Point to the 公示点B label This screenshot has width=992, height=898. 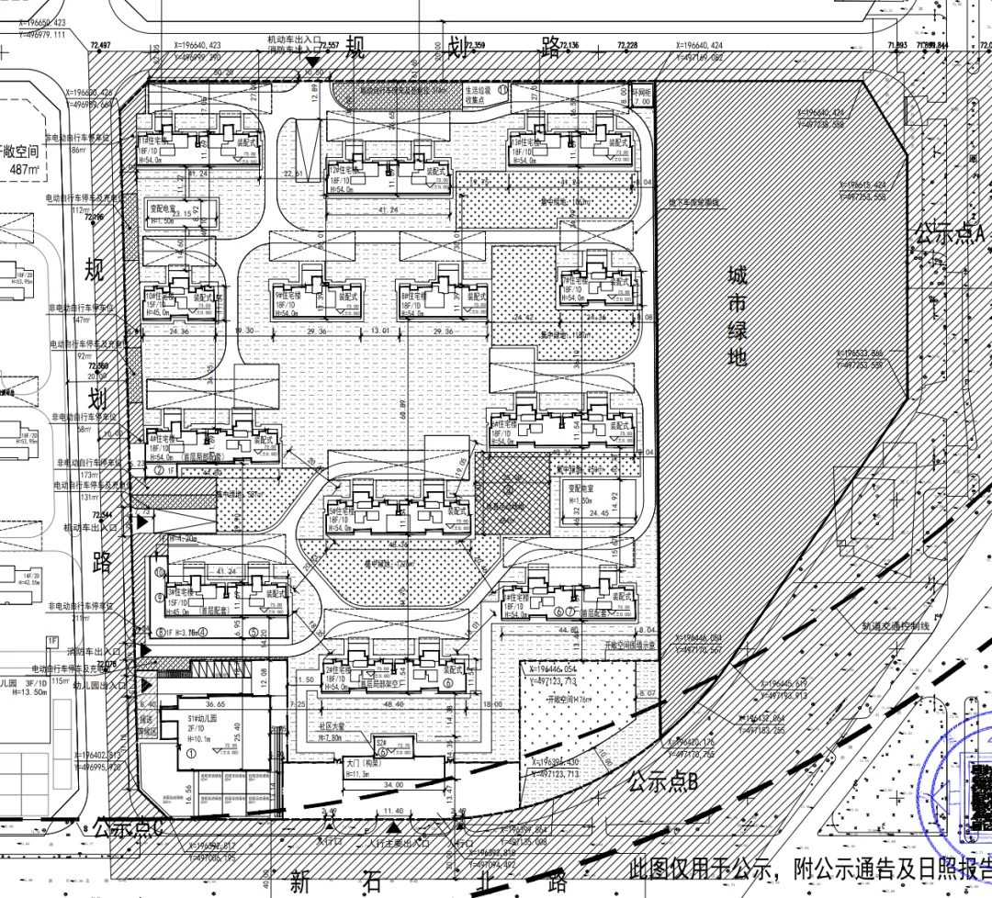(x=663, y=782)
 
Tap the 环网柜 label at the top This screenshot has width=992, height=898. (x=641, y=93)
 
